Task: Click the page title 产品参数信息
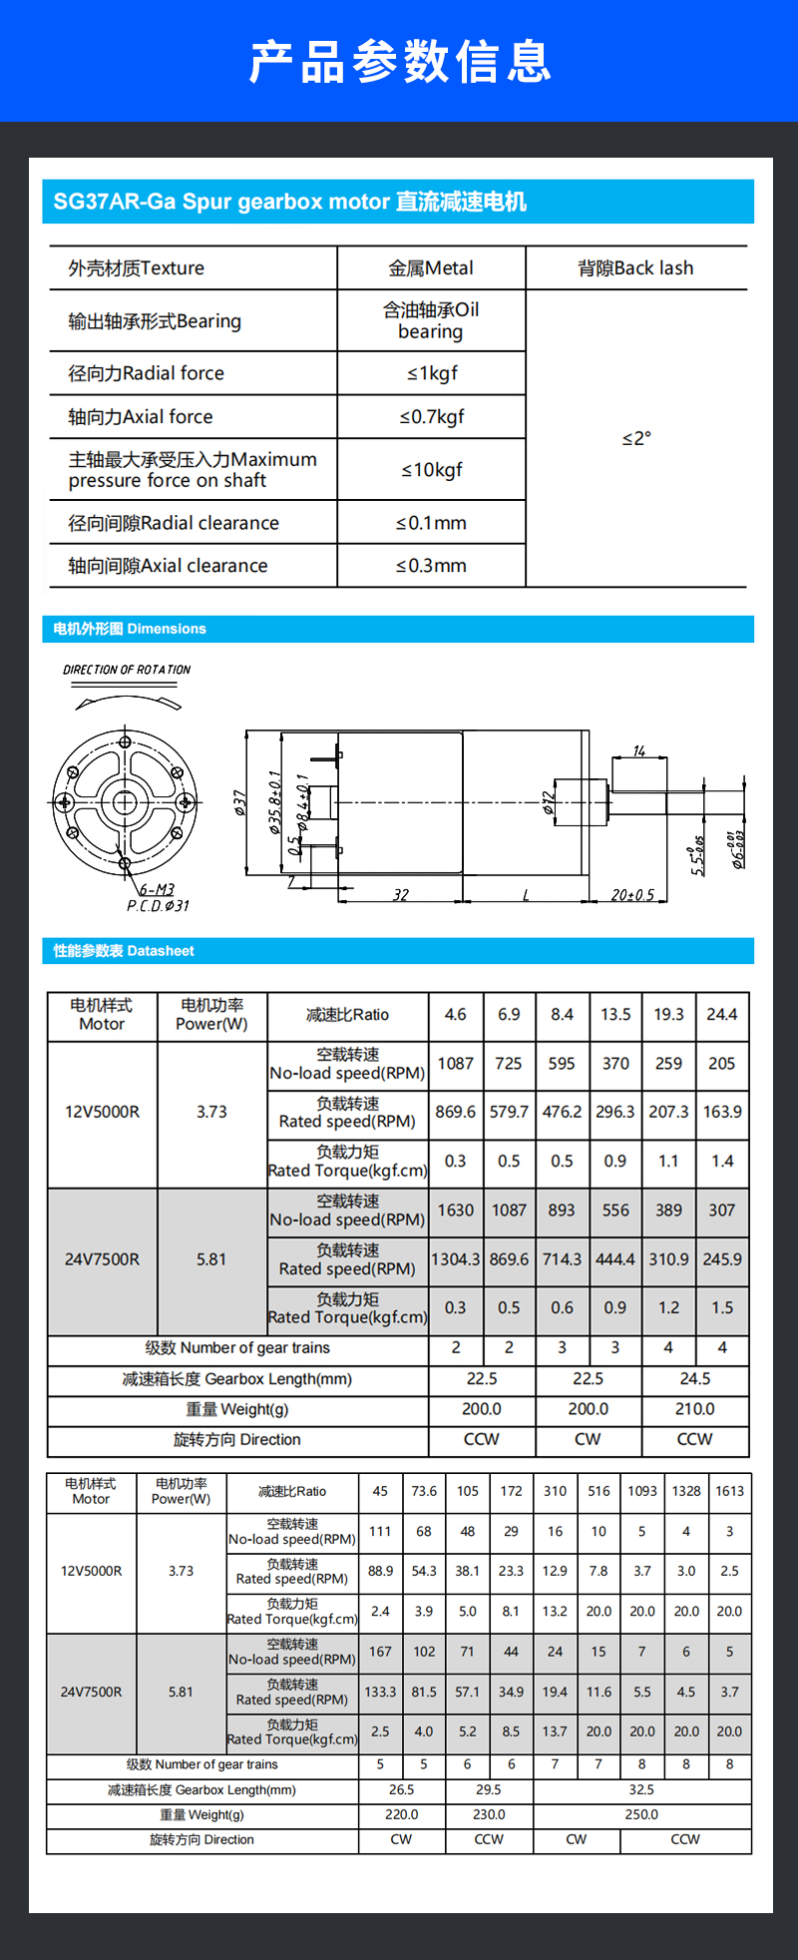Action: click(x=399, y=62)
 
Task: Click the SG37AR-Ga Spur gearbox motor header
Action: click(x=289, y=202)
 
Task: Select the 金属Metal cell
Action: click(x=431, y=268)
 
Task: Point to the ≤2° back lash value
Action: click(x=636, y=438)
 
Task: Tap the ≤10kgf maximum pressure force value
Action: click(x=431, y=470)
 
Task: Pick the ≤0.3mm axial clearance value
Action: click(x=431, y=566)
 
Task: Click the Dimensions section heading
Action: click(x=130, y=629)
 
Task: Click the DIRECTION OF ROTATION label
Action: click(x=127, y=670)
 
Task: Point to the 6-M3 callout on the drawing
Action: click(x=157, y=889)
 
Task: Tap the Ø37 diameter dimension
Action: click(x=239, y=802)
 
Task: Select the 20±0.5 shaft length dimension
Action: click(x=632, y=895)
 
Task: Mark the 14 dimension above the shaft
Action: click(x=639, y=750)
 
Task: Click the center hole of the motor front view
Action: click(x=125, y=802)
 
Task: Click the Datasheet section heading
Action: click(x=124, y=951)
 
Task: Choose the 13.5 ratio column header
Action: click(x=615, y=1015)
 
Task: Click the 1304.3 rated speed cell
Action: click(x=456, y=1259)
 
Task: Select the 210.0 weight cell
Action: click(x=695, y=1409)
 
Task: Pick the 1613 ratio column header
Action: click(x=729, y=1491)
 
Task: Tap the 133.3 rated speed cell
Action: click(x=380, y=1692)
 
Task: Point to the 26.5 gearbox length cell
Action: click(x=401, y=1789)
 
